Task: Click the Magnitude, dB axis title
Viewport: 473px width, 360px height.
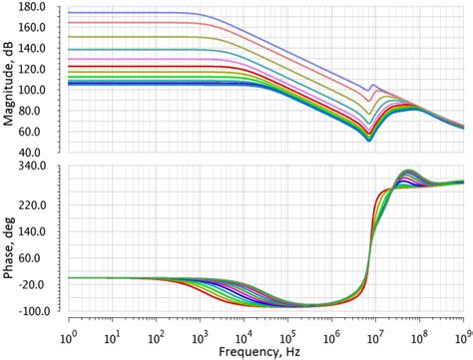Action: tap(9, 78)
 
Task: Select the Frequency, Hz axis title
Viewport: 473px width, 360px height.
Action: tap(267, 351)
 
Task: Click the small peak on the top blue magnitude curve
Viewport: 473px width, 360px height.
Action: tap(373, 85)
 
